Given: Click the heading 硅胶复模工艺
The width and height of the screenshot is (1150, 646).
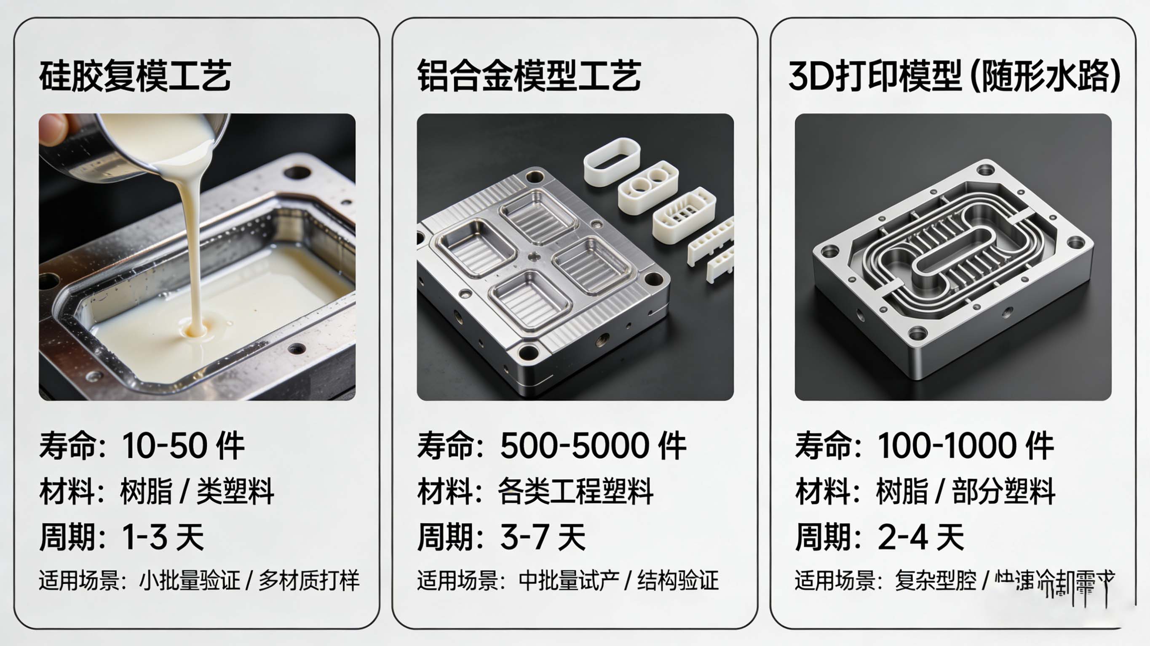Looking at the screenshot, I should pos(135,76).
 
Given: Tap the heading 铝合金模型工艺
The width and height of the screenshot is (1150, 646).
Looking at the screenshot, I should pos(529,76).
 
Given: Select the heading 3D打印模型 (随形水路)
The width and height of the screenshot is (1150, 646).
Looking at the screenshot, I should pos(955,76).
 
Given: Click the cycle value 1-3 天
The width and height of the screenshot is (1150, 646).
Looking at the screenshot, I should pos(163,537).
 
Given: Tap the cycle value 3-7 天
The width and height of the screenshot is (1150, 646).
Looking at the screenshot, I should pos(543,537).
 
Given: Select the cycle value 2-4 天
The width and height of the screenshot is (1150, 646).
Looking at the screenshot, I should pos(920,537).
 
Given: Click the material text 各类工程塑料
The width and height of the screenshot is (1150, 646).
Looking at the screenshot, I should pos(575,491).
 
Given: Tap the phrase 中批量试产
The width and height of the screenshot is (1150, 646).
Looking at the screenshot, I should pos(569,580).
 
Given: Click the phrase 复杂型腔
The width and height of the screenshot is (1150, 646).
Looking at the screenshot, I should pos(936,580).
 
